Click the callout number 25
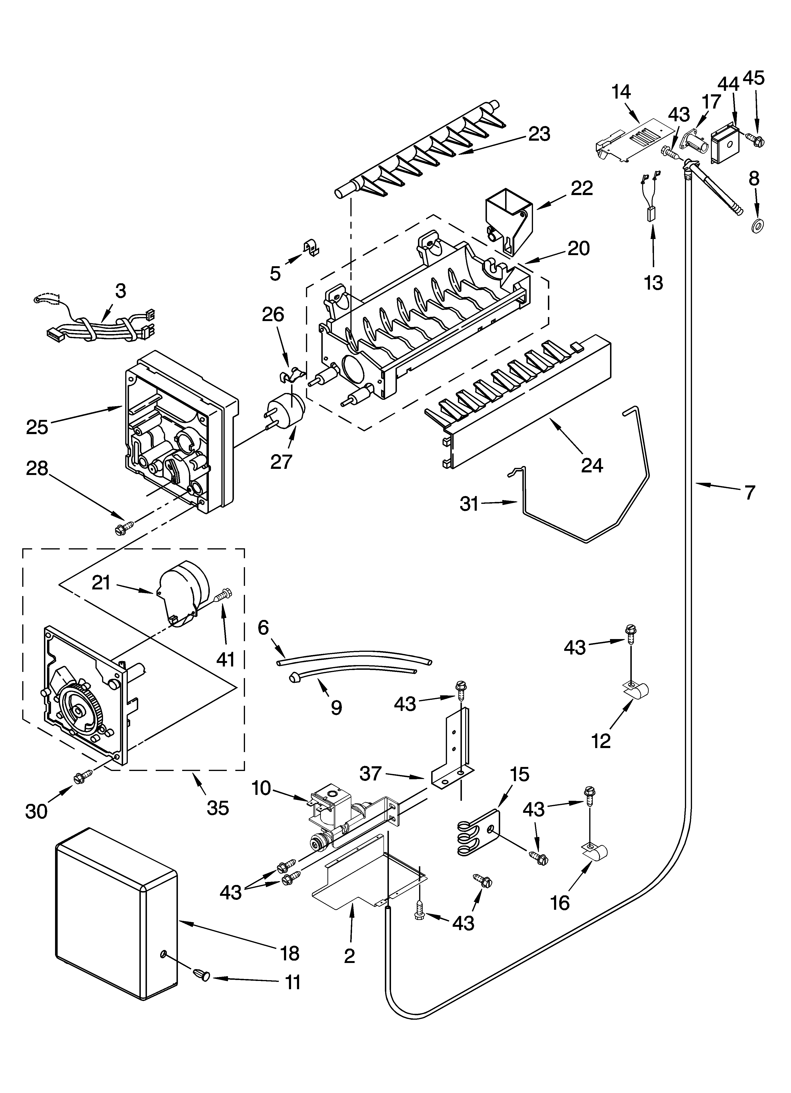pyautogui.click(x=37, y=427)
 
